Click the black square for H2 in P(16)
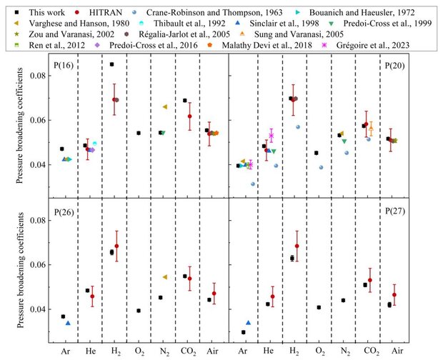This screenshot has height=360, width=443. (x=112, y=64)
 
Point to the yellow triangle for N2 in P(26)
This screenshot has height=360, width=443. (x=165, y=277)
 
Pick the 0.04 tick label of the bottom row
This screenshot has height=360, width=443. (x=31, y=309)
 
